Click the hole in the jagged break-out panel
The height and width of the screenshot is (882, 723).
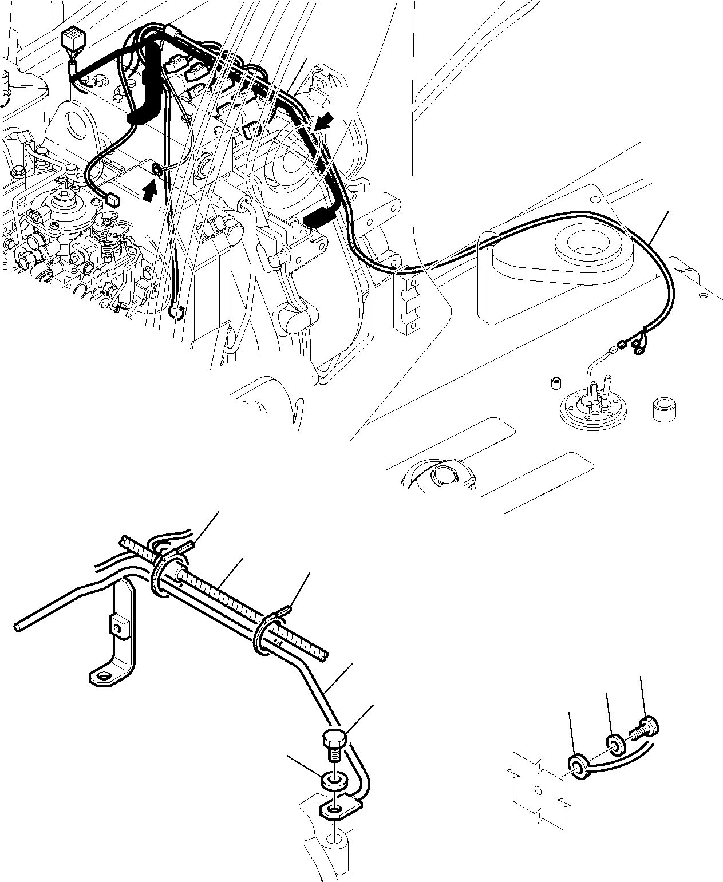pyautogui.click(x=537, y=791)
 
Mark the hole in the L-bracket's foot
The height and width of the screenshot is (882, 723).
pyautogui.click(x=104, y=677)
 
